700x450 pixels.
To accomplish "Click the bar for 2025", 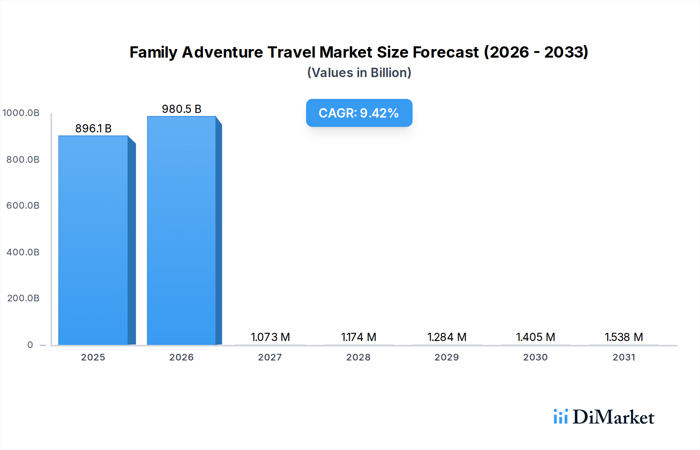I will (93, 240).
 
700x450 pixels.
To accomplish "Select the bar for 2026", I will (182, 230).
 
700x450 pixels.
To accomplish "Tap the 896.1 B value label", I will (93, 128).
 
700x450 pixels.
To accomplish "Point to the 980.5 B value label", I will (182, 109).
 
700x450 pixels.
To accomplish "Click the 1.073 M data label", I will (270, 337).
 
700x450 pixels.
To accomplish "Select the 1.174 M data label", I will (359, 337).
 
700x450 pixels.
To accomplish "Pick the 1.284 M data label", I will (447, 337).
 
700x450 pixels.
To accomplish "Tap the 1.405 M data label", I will (535, 337).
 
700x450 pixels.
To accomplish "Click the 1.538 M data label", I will (624, 337).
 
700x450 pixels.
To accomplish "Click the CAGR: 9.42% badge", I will (359, 113).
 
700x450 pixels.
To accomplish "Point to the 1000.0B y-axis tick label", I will (21, 113).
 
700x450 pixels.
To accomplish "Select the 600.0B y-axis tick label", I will (23, 206).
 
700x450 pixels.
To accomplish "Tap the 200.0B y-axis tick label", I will (23, 298).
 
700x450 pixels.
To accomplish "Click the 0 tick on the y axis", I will (30, 345).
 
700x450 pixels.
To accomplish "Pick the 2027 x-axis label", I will (270, 357).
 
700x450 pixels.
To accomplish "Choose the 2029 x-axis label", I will (447, 357).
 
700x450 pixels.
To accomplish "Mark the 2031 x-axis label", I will (624, 357).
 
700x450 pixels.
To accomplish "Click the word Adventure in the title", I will (222, 52).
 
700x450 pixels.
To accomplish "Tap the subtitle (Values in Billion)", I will (359, 73).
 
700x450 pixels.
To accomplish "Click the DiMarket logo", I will (604, 417).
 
